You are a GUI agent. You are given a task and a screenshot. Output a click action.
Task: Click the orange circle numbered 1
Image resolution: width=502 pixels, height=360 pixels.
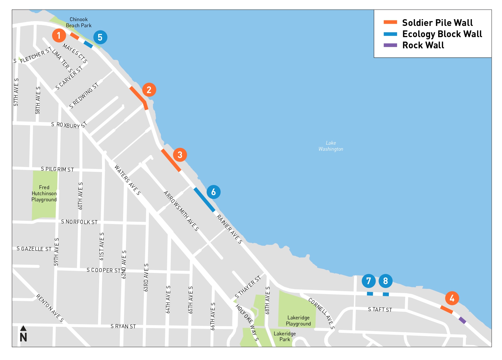tap(59, 35)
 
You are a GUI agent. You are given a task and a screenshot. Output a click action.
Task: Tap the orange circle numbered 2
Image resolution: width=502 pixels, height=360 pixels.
tap(149, 90)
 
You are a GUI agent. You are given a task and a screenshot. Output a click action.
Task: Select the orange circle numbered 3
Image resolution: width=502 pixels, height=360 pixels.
tap(180, 155)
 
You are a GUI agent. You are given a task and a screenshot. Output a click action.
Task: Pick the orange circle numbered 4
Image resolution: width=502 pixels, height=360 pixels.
tap(452, 298)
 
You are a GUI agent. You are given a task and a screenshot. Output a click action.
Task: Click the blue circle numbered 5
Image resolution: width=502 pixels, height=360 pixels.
tap(100, 37)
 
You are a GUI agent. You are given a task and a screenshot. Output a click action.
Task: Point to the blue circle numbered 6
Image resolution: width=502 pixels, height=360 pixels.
tap(213, 192)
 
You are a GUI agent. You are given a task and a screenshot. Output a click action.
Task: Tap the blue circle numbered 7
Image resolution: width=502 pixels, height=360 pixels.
tap(368, 281)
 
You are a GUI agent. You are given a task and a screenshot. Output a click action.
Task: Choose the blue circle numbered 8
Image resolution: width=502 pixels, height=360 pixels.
tap(385, 281)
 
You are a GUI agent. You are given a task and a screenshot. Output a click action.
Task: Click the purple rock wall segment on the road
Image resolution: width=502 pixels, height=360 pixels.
tap(462, 320)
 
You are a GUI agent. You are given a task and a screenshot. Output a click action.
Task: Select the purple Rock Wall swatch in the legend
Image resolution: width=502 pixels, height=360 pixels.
tap(390, 45)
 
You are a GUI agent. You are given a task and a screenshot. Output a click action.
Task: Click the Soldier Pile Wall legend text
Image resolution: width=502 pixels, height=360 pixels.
tap(437, 23)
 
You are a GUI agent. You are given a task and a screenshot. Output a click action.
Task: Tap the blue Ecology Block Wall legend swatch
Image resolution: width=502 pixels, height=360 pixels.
tap(390, 34)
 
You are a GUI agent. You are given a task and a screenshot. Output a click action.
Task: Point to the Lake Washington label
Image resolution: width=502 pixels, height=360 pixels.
tap(331, 146)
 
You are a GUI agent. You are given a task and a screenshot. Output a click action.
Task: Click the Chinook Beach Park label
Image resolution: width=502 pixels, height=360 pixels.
tap(79, 22)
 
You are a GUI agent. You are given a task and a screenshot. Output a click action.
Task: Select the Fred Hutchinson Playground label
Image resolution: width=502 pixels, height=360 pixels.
tap(44, 193)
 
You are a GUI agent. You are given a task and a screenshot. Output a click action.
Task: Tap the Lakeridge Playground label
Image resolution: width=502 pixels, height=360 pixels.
tap(298, 321)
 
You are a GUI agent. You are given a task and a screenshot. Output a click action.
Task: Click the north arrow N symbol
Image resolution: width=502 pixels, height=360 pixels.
tap(23, 334)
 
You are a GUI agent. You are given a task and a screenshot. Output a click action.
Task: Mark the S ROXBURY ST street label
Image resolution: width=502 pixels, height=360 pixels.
tap(69, 125)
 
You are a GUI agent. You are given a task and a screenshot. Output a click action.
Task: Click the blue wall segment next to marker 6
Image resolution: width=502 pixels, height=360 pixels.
tap(204, 200)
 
